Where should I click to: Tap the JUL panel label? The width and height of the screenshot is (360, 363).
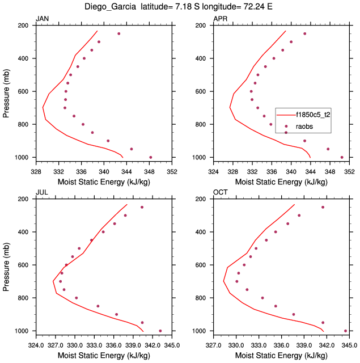(41, 193)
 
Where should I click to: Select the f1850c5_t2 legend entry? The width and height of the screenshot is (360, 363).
(312, 114)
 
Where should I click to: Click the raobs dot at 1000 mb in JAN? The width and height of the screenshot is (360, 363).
(150, 157)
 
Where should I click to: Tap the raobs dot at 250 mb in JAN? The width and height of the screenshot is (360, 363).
(119, 33)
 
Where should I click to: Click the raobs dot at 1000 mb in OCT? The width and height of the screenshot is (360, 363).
(345, 331)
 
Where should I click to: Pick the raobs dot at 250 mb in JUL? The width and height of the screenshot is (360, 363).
(142, 207)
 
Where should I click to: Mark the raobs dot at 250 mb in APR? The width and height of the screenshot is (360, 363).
(304, 33)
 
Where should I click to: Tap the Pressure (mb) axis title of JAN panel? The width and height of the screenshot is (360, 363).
(6, 91)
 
